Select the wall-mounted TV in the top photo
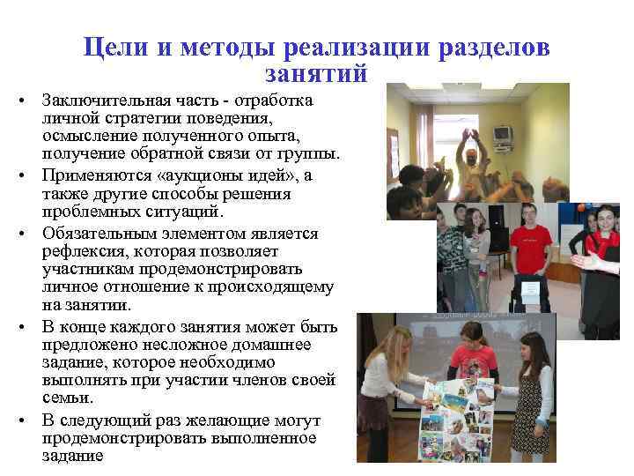click(503, 135)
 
